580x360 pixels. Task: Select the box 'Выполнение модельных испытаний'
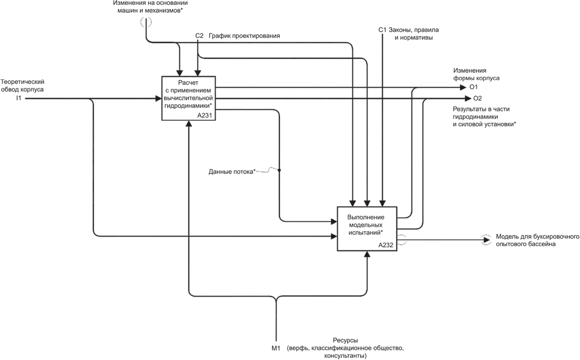pyautogui.click(x=367, y=228)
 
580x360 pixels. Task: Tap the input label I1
pyautogui.click(x=19, y=98)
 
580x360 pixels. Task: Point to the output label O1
pyautogui.click(x=473, y=87)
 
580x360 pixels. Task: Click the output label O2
pyautogui.click(x=477, y=98)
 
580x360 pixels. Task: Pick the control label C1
pyautogui.click(x=382, y=30)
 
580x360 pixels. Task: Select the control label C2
pyautogui.click(x=199, y=36)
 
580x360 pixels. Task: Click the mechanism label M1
pyautogui.click(x=276, y=349)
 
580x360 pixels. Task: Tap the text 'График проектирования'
pyautogui.click(x=244, y=36)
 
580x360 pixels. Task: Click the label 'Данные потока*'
pyautogui.click(x=232, y=171)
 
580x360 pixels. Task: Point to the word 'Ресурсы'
pyautogui.click(x=345, y=340)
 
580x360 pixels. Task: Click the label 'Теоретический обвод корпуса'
pyautogui.click(x=22, y=86)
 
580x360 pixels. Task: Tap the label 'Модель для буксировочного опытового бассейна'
pyautogui.click(x=537, y=240)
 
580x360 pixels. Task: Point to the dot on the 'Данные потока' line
pyautogui.click(x=279, y=170)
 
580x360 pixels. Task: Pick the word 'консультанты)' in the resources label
pyautogui.click(x=345, y=356)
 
